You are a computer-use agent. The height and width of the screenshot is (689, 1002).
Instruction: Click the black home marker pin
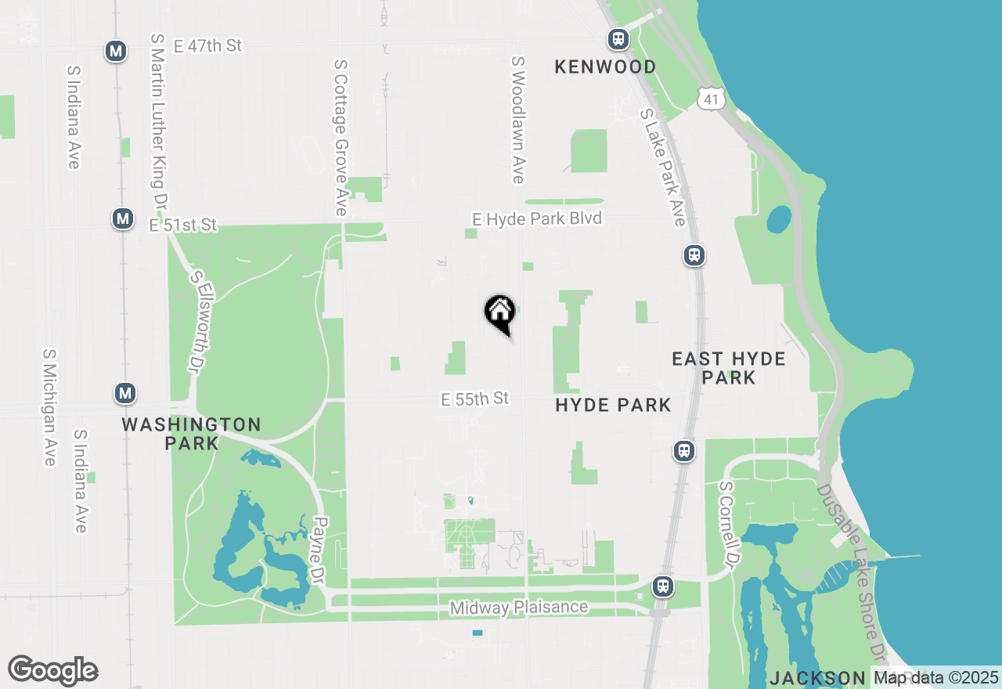(499, 313)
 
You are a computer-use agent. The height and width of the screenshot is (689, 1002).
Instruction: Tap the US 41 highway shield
(711, 99)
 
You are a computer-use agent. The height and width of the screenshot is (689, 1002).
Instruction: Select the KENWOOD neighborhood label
(605, 67)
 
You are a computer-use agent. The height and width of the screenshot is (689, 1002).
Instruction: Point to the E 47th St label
(207, 46)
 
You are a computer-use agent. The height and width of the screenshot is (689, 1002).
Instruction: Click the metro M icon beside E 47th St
(117, 52)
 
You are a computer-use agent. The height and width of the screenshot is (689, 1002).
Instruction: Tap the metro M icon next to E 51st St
(122, 218)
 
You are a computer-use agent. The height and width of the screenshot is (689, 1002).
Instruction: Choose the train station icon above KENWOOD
(618, 38)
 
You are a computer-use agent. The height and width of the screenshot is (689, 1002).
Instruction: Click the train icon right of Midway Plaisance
(662, 586)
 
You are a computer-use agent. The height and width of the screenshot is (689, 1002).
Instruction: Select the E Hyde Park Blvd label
(537, 219)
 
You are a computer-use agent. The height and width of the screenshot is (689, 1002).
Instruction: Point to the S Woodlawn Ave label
(517, 120)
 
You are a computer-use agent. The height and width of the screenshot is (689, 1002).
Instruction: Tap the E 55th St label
(475, 399)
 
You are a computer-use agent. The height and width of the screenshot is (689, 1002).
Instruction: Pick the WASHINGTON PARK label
(191, 434)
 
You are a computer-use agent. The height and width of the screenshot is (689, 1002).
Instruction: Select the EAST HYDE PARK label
(729, 368)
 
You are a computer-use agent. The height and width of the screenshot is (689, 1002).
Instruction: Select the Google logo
(52, 671)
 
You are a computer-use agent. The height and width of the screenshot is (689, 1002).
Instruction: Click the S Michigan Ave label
(49, 407)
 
